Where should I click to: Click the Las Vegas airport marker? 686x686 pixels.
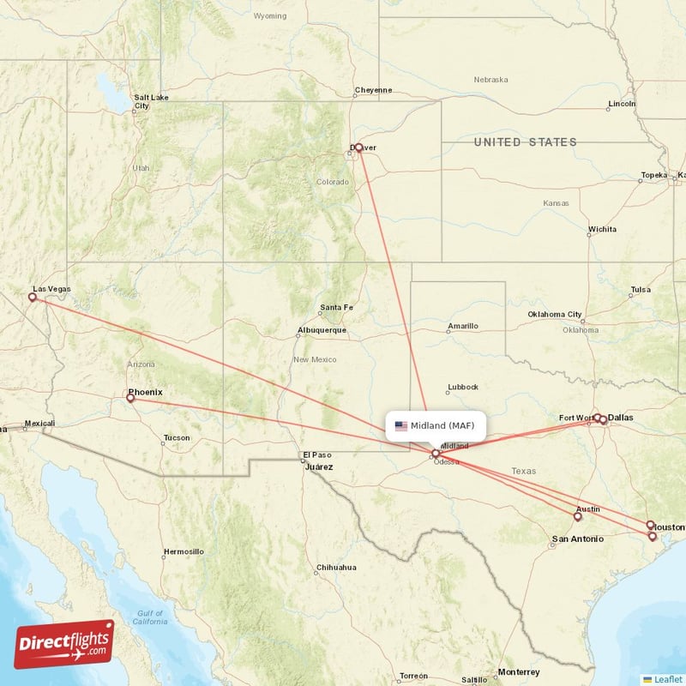click(33, 298)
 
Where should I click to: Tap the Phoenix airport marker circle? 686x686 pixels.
click(130, 398)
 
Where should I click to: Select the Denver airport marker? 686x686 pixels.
click(358, 147)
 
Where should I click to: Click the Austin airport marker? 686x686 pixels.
click(578, 516)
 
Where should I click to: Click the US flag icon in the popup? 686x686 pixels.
click(400, 425)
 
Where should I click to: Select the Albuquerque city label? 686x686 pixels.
click(322, 330)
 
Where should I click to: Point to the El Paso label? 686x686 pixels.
click(316, 455)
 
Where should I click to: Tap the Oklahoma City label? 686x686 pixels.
click(555, 315)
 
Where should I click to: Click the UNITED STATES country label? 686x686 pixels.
click(526, 142)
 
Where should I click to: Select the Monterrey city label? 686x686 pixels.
click(518, 671)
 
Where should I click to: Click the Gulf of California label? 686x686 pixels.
click(149, 617)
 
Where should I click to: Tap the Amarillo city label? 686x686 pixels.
click(463, 326)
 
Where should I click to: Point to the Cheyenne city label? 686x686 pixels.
click(373, 90)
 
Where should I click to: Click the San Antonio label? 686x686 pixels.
click(577, 539)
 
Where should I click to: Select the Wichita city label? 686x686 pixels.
click(601, 230)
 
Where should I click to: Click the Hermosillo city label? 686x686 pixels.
click(184, 551)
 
